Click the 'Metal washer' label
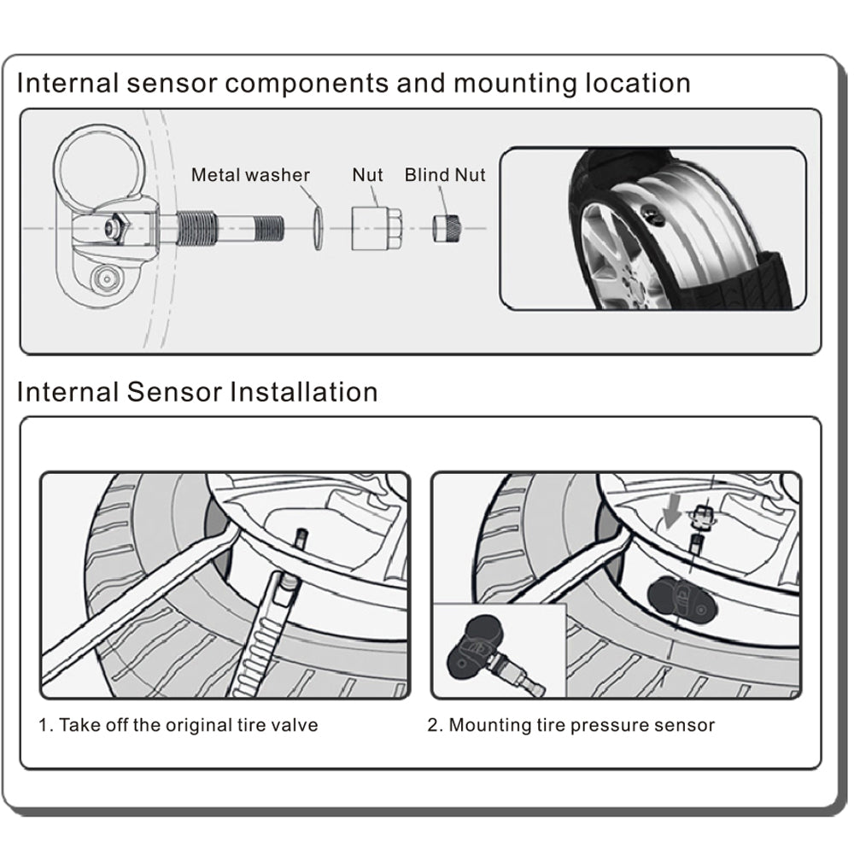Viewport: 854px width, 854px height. point(250,175)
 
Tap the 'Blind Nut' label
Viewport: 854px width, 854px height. point(445,175)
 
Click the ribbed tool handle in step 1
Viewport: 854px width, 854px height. point(265,632)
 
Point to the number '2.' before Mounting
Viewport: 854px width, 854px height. point(436,725)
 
